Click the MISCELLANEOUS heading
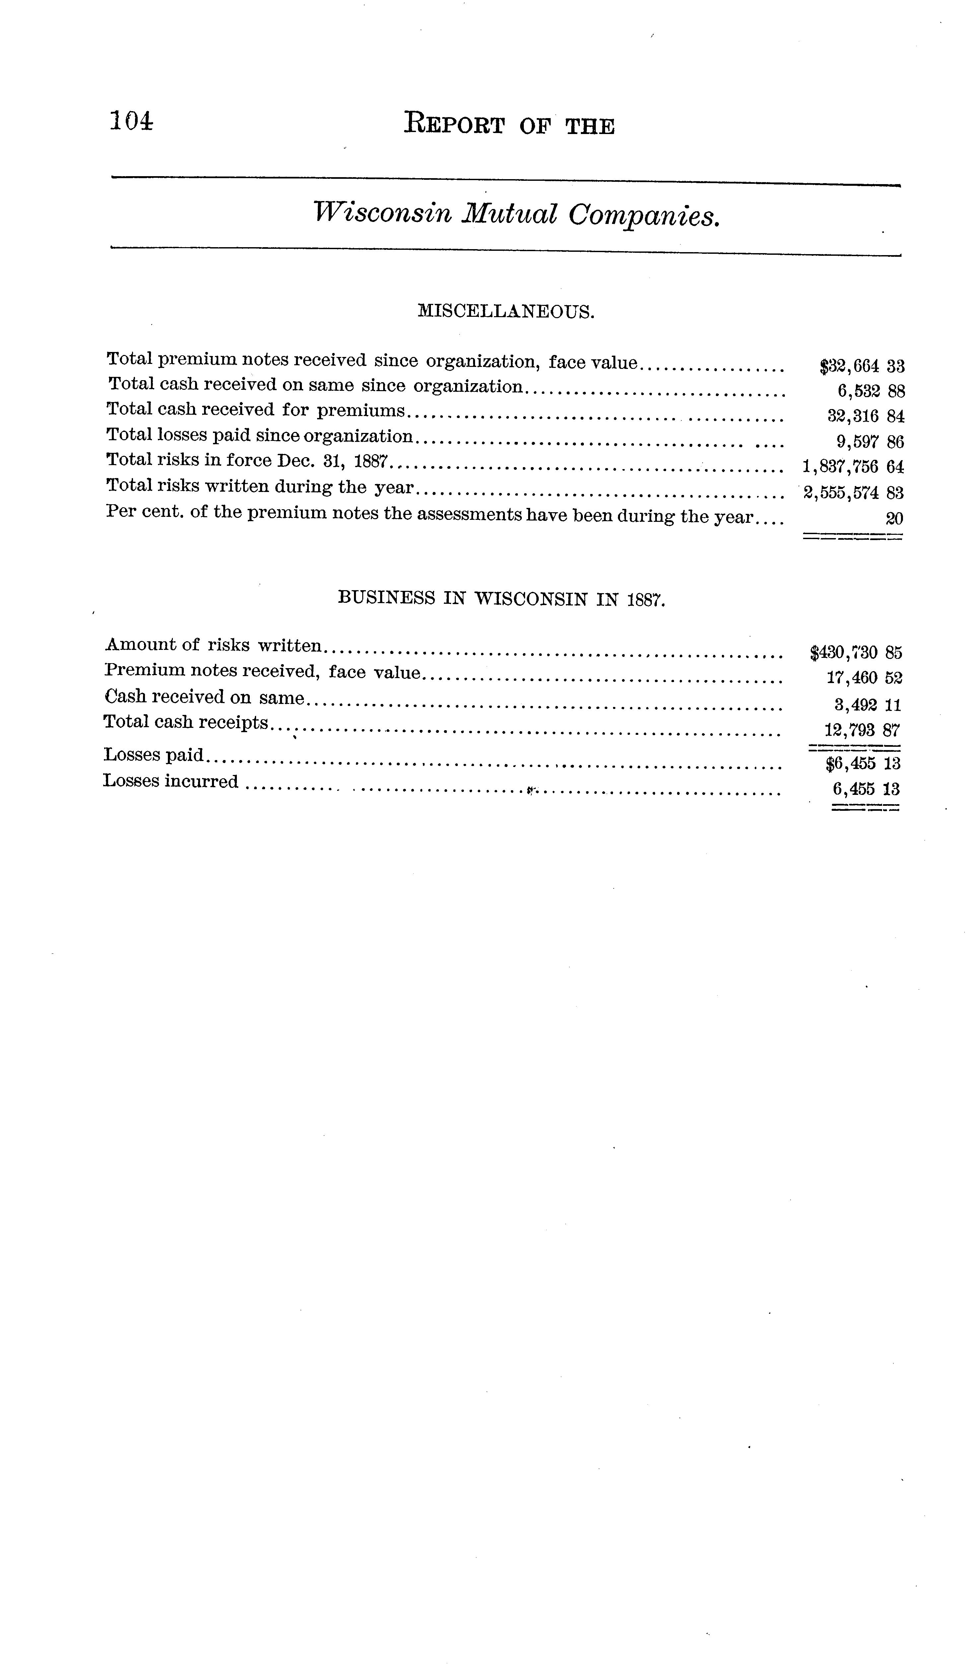click(506, 311)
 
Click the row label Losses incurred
click(171, 782)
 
